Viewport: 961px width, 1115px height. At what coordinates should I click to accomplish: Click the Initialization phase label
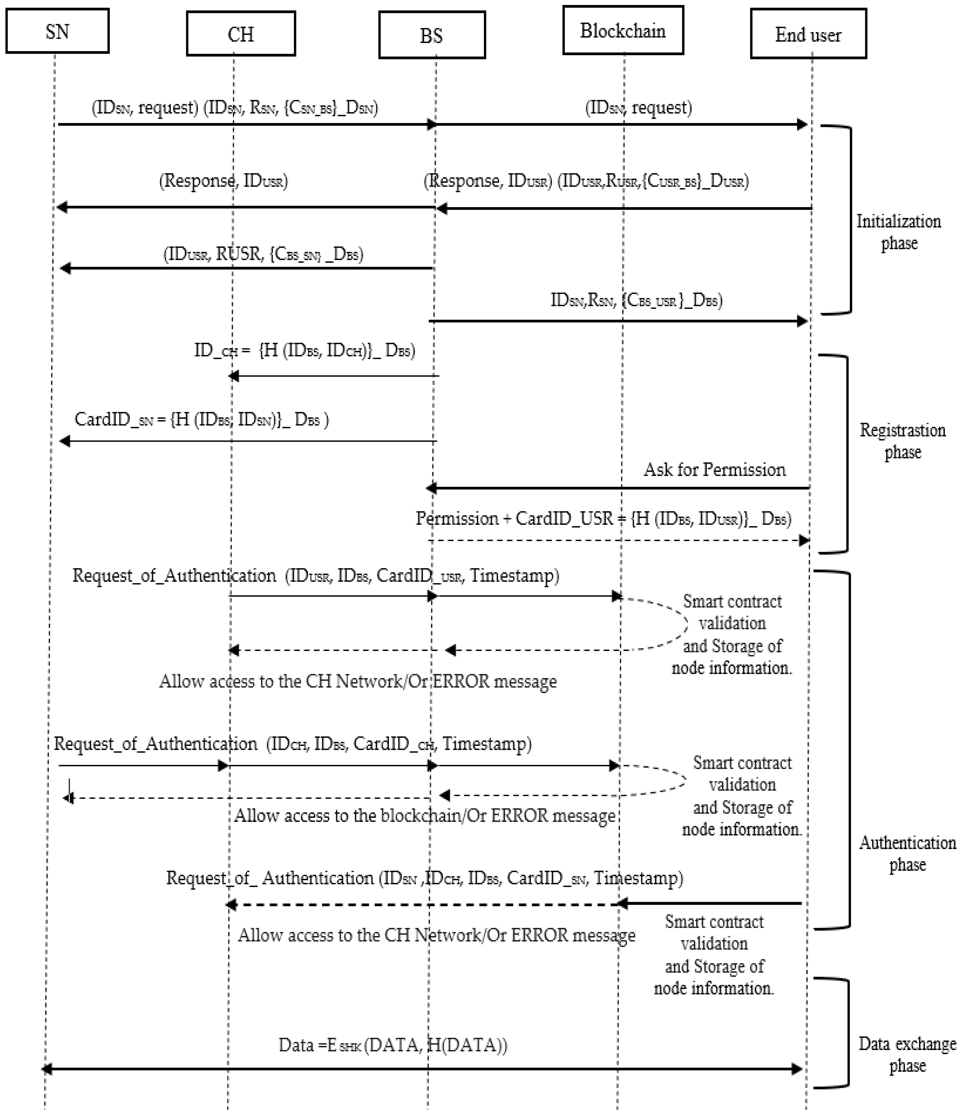point(898,232)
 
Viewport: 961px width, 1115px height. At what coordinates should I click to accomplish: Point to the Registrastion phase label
point(902,441)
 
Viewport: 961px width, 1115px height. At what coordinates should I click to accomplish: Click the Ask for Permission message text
point(715,470)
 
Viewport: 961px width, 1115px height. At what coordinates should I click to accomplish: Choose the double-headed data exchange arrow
point(422,1069)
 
